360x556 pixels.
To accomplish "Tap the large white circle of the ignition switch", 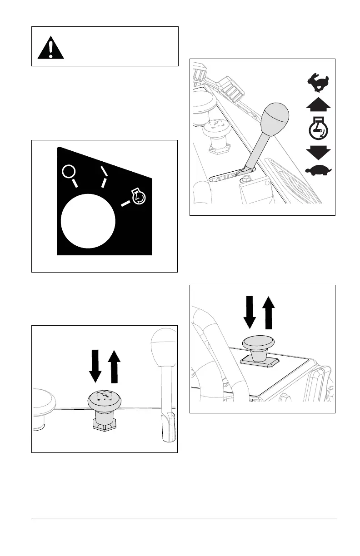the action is click(88, 221).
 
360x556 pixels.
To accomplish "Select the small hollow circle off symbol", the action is click(69, 172).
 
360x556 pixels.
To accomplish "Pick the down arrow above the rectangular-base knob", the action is click(250, 312).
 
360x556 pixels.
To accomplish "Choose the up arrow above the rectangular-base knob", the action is click(269, 312).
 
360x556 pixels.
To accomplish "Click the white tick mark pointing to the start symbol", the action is click(125, 204).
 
